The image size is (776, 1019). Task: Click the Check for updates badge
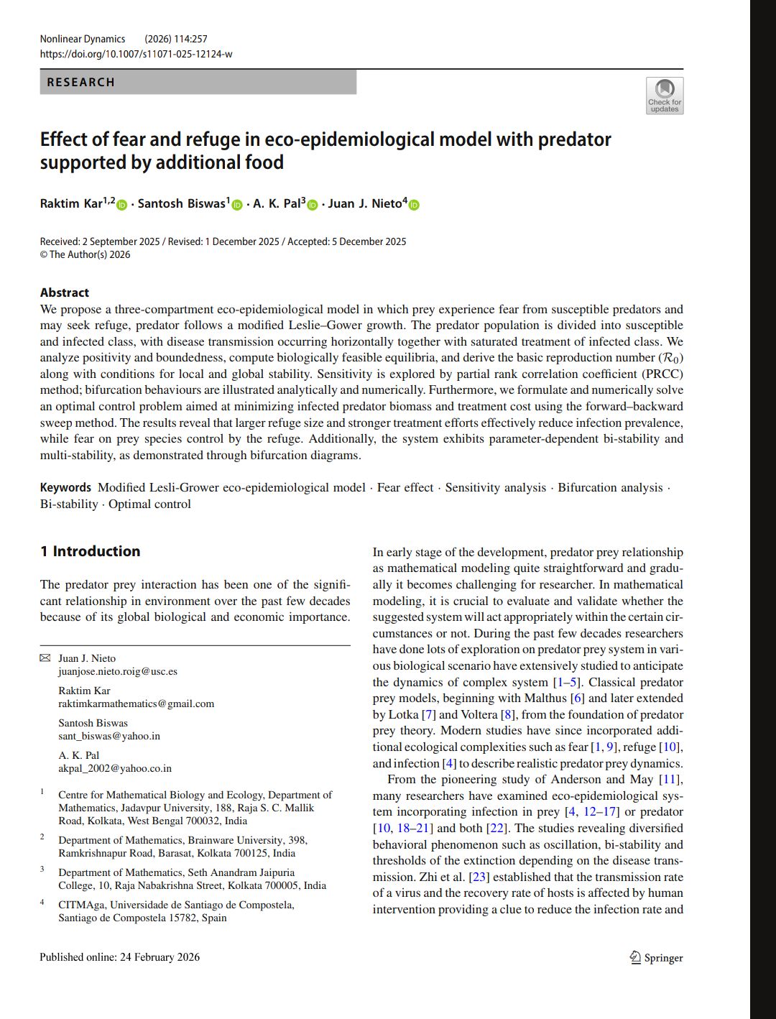(x=665, y=96)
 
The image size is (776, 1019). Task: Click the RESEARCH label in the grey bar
(x=80, y=83)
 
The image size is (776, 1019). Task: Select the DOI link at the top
(x=136, y=54)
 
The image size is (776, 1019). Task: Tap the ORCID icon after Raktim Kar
(x=121, y=205)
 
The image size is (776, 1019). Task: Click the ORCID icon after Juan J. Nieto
(x=414, y=205)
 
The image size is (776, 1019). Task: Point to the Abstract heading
(x=65, y=292)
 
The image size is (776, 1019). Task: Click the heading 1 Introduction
(x=90, y=551)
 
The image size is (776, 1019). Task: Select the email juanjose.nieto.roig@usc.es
(x=117, y=671)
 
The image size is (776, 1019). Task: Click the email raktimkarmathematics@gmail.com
(x=136, y=704)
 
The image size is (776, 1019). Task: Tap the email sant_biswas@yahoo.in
(x=108, y=736)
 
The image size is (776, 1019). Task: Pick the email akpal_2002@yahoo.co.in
(x=115, y=768)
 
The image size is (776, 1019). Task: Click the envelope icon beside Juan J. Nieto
(x=45, y=658)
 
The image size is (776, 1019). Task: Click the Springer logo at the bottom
(x=656, y=957)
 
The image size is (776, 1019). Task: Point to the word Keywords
(x=65, y=487)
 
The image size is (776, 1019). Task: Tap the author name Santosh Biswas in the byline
(x=182, y=204)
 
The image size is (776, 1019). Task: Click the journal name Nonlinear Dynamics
(x=83, y=39)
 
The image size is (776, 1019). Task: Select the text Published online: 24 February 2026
(x=119, y=957)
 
